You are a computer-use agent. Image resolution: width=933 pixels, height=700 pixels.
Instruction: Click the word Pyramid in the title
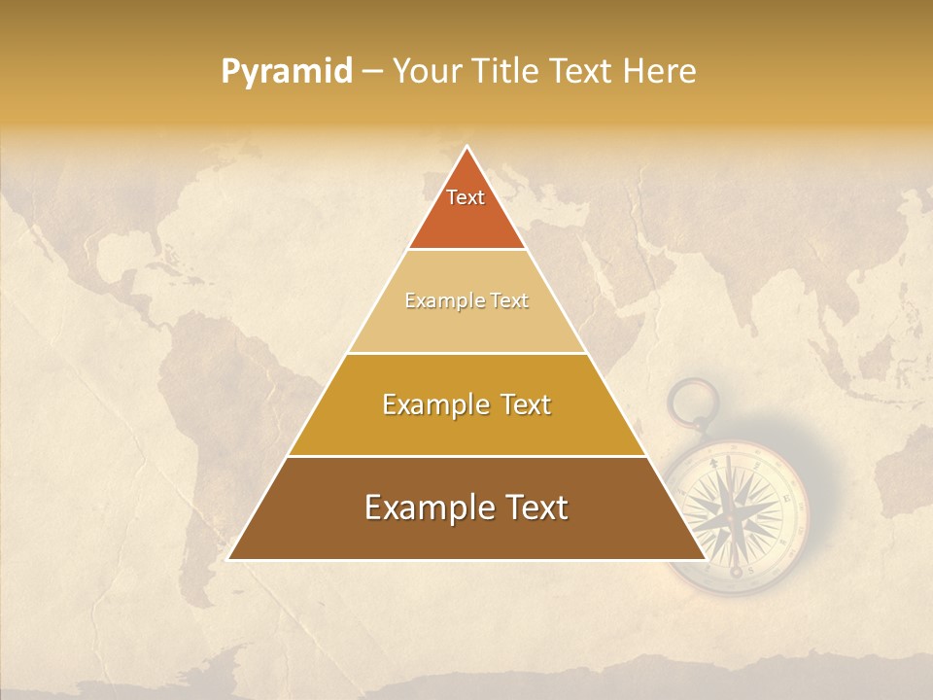point(287,71)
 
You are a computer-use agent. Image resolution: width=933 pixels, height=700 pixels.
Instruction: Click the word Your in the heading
point(425,71)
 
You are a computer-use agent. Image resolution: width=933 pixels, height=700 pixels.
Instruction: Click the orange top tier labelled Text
point(466,209)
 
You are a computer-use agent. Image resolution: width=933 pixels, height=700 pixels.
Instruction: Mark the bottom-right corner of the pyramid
point(704,558)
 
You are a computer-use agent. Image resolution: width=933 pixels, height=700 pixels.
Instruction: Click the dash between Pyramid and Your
point(372,71)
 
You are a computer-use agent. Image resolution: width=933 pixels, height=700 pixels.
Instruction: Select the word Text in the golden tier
point(520,404)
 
